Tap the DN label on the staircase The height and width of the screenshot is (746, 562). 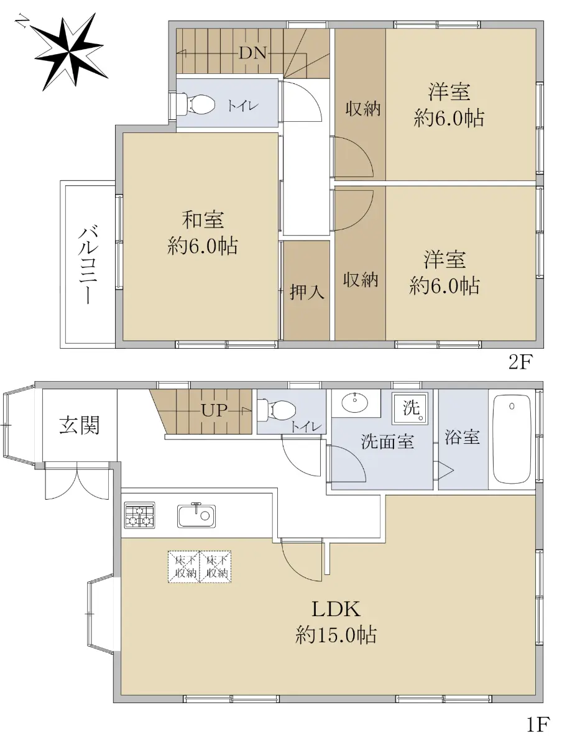[x=252, y=53]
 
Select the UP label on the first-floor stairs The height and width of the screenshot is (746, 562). [x=214, y=410]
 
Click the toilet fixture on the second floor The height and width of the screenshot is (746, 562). [x=197, y=103]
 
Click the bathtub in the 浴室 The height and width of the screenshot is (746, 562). [x=512, y=439]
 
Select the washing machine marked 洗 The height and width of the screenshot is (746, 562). [x=410, y=408]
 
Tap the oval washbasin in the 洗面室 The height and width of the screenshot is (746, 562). [x=354, y=403]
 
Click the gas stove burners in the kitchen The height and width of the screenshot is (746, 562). [x=139, y=515]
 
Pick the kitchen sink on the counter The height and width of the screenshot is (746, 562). [x=196, y=515]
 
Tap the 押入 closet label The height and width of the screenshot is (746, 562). [x=307, y=292]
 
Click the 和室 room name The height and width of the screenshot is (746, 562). [x=203, y=219]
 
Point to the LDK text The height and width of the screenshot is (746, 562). [x=336, y=609]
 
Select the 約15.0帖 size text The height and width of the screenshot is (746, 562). [x=336, y=634]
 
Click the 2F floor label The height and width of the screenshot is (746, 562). [x=520, y=362]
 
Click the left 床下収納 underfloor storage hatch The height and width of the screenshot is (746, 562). [x=184, y=567]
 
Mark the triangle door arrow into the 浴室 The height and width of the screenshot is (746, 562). [x=446, y=471]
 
